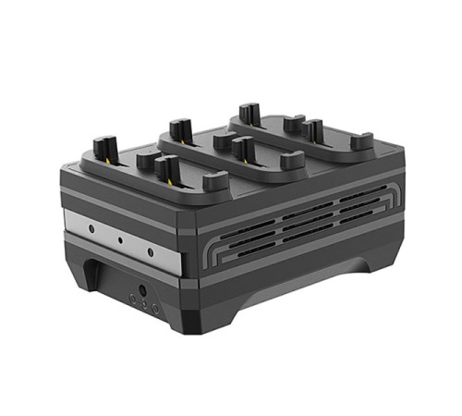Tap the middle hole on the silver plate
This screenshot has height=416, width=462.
(120, 238)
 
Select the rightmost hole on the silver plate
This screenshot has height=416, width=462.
(152, 250)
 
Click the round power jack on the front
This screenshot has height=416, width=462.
(143, 289)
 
